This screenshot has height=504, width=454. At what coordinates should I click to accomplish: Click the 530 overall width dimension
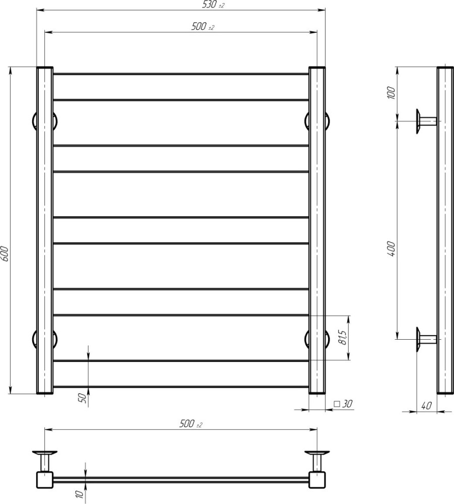coord(213,5)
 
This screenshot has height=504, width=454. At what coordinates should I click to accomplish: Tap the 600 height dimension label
coord(4,254)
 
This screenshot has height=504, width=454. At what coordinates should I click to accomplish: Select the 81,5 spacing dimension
coord(343,338)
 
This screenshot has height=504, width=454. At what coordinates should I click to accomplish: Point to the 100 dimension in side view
coord(391,93)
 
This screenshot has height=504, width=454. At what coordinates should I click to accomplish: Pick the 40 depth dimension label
coord(426,406)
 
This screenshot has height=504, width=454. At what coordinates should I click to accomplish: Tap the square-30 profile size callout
coord(343,404)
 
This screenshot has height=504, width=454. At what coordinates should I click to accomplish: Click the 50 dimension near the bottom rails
coord(82,398)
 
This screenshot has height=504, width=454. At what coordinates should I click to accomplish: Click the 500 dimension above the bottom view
coord(191,424)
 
